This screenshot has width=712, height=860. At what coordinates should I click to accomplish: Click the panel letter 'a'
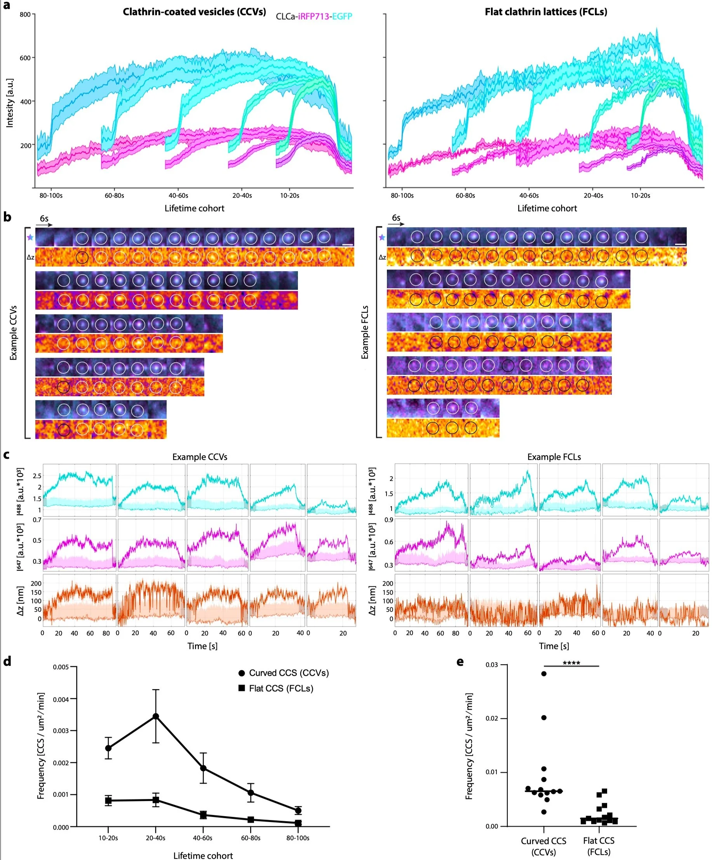tap(7, 6)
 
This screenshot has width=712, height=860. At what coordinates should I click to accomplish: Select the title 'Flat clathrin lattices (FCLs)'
tap(545, 12)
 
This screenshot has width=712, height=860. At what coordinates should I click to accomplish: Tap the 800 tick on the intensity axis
tap(25, 15)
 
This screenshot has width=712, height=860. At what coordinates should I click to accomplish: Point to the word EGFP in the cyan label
tap(342, 16)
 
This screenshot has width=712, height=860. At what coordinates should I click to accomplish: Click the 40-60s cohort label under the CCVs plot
tap(178, 196)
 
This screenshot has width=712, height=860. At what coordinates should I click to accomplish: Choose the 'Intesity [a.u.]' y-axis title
tap(10, 103)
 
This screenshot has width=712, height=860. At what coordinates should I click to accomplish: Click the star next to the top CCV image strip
tap(30, 237)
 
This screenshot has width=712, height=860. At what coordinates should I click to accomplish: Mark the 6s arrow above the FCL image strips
tap(396, 224)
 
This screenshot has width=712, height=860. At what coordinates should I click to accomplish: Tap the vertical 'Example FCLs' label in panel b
tap(365, 332)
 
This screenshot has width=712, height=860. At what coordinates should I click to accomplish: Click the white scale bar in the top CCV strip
tap(347, 244)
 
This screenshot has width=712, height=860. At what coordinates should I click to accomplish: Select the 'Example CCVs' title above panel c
tap(199, 457)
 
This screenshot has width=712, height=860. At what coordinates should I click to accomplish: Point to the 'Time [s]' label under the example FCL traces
tap(554, 646)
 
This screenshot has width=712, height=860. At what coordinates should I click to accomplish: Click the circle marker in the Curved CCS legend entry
tap(242, 673)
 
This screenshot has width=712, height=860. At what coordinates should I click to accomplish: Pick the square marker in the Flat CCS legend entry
tap(242, 688)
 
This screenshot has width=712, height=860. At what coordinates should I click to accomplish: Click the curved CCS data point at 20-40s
tap(156, 716)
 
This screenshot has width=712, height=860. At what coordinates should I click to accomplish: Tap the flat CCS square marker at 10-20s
tap(108, 800)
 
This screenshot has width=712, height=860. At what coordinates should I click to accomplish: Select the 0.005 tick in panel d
tap(61, 667)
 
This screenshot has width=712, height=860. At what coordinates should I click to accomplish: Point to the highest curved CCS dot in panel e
tap(544, 674)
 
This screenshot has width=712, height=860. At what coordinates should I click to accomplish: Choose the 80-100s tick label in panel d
tap(298, 838)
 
